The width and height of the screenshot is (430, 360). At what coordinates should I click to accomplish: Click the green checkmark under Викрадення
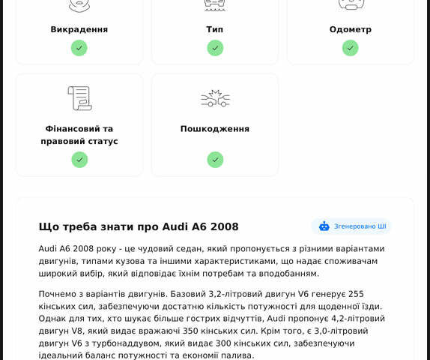(x=79, y=48)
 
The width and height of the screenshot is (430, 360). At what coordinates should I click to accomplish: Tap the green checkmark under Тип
(x=215, y=48)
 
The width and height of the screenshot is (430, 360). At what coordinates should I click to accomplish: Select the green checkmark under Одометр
(x=351, y=48)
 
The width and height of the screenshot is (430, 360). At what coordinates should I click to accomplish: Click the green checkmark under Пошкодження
(x=215, y=160)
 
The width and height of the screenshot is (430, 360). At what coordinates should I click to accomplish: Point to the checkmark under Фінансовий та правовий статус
(x=79, y=160)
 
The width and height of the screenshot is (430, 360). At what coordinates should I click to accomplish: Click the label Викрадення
(x=79, y=29)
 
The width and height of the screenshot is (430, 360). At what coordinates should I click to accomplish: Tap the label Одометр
(x=351, y=29)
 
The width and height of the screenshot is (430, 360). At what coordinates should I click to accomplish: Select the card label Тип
(x=215, y=29)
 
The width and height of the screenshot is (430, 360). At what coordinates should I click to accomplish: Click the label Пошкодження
(x=215, y=129)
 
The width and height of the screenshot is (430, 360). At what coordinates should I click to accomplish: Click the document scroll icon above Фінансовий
(x=79, y=98)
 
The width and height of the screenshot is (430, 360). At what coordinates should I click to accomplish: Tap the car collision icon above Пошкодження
(x=215, y=98)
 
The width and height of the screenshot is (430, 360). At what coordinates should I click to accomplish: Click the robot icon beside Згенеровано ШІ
(x=324, y=226)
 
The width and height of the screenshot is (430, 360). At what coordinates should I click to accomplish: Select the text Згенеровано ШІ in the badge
(x=360, y=226)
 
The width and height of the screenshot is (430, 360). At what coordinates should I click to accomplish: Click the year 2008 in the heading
(x=224, y=226)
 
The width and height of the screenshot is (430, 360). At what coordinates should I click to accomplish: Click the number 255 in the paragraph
(x=357, y=294)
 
